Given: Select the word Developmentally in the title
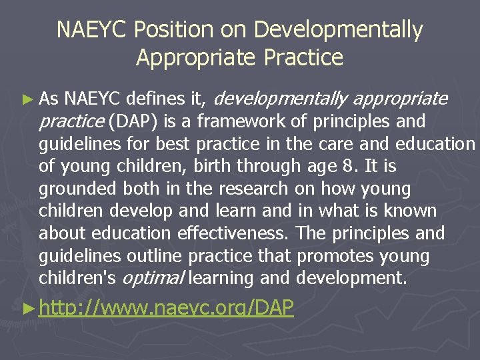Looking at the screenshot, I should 339,31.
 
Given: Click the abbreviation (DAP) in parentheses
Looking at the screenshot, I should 131,122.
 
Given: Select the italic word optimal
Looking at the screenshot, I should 160,279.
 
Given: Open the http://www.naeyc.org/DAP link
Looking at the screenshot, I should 166,309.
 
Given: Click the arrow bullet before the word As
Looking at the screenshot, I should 27,100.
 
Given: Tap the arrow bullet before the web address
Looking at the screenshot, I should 27,309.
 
